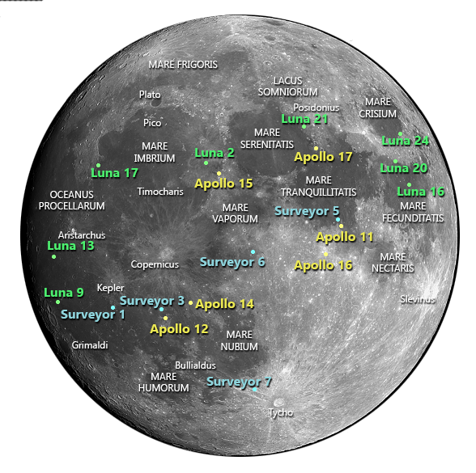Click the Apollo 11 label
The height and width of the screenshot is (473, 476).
(345, 237)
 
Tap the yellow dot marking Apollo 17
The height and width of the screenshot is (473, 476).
(316, 148)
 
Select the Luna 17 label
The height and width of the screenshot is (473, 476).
(114, 173)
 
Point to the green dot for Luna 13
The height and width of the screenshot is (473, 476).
(54, 257)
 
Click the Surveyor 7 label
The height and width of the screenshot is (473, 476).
(240, 382)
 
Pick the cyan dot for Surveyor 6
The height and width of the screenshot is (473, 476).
(253, 251)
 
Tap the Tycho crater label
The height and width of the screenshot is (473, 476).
(281, 413)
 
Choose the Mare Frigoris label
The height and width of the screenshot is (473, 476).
(183, 64)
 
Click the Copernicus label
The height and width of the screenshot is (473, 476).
(155, 264)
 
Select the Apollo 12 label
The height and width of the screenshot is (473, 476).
(179, 329)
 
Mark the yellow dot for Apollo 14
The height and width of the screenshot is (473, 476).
(191, 303)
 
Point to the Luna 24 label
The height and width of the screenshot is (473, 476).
(405, 141)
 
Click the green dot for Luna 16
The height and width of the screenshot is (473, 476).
(410, 184)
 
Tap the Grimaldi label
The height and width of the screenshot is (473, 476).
(90, 345)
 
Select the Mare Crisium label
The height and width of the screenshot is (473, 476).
(378, 108)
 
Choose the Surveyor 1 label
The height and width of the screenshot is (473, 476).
(93, 315)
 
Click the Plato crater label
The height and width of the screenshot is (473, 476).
(150, 95)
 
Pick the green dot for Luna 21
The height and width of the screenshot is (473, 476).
(304, 127)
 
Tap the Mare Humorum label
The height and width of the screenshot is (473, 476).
(169, 382)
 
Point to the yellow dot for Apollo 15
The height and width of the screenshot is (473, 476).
(219, 174)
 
